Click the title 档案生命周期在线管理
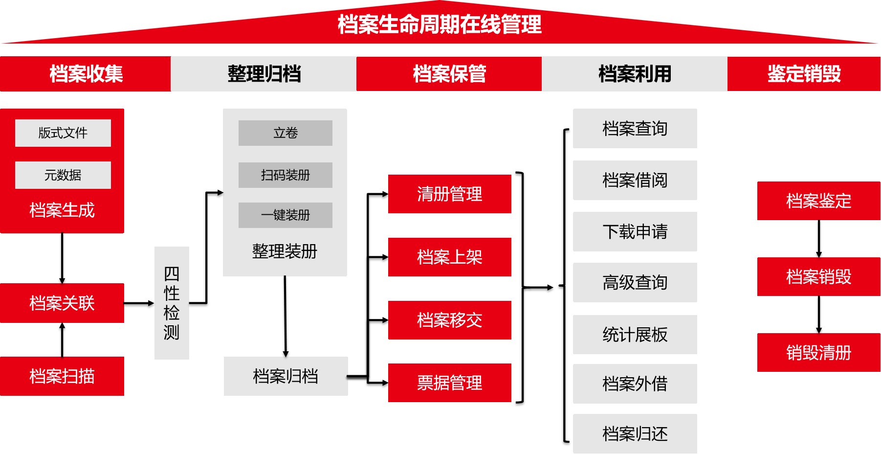(440, 24)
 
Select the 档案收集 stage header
(86, 74)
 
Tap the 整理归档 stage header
(264, 74)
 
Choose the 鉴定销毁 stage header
(804, 74)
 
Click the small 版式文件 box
(63, 133)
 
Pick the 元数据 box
(63, 175)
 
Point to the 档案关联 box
(62, 303)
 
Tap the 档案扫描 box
(62, 376)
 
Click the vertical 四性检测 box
(172, 303)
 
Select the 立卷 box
(286, 133)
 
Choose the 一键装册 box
(286, 215)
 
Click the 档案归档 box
(286, 376)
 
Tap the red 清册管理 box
(449, 194)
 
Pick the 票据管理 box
(449, 383)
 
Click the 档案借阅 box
(635, 181)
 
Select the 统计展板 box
(635, 335)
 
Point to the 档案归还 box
(635, 434)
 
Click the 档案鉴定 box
(818, 201)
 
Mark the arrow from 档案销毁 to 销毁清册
(819, 315)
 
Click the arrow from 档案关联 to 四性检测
(139, 303)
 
